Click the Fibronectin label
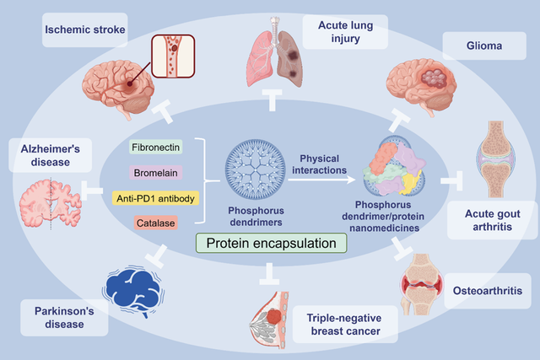[155, 147]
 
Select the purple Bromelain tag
[155, 173]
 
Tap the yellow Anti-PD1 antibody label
[155, 198]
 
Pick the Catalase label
[155, 223]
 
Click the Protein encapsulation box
[272, 243]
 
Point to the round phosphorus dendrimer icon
[255, 169]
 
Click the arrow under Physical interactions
[322, 180]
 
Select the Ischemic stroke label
[84, 30]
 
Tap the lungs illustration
[274, 52]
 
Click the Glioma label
[484, 46]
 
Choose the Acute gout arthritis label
[493, 220]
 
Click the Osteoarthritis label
[488, 291]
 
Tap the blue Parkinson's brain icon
[133, 290]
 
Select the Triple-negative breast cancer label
[345, 325]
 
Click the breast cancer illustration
[269, 320]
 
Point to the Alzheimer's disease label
[51, 155]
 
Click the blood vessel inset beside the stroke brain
[173, 56]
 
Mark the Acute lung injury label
[345, 32]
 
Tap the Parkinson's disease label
[64, 318]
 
